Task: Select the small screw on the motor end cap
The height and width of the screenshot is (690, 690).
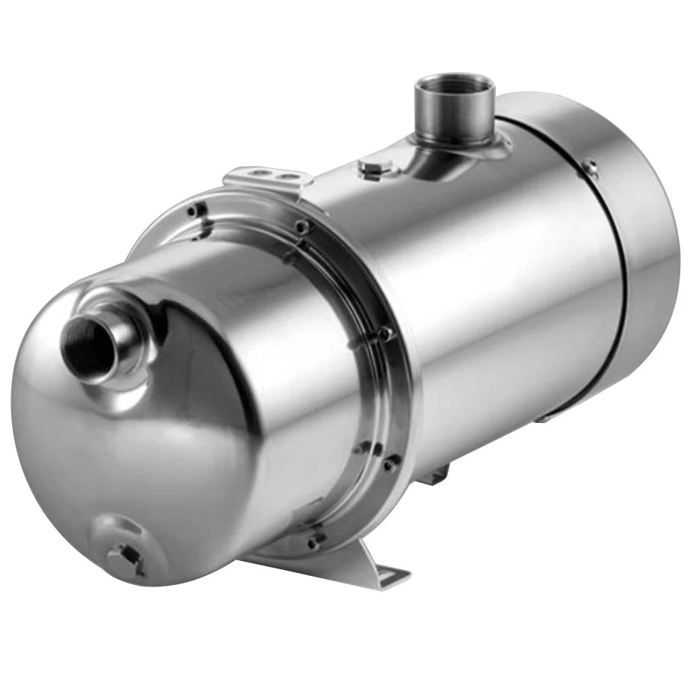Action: (x=591, y=166)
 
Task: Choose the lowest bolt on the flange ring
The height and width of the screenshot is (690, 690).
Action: (x=315, y=538)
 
